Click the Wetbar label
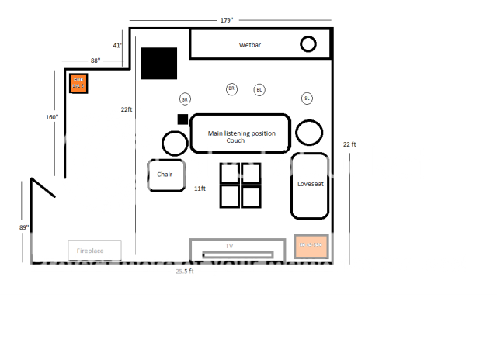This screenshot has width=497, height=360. coord(250,46)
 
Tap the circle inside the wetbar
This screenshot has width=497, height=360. coord(308,44)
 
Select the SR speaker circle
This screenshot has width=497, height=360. coord(185,99)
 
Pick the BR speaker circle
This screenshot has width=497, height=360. coord(231,89)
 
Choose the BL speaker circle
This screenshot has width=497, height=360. coord(259,90)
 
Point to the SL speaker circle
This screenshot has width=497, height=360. coord(308,99)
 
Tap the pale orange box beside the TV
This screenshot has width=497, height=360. coord(312,246)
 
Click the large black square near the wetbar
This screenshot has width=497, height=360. coord(159,64)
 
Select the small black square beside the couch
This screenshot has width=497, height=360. coord(182,119)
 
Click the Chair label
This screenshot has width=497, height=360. coord(165,175)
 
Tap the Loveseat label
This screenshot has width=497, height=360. coord(311,185)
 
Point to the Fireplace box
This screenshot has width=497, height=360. coord(96,250)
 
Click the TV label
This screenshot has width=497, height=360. coord(229,245)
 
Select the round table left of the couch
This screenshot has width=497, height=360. coord(175,142)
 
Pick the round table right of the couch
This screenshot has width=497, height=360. coord(310,133)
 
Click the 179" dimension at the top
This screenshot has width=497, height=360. coord(227,20)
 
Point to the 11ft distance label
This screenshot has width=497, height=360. coord(200,189)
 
